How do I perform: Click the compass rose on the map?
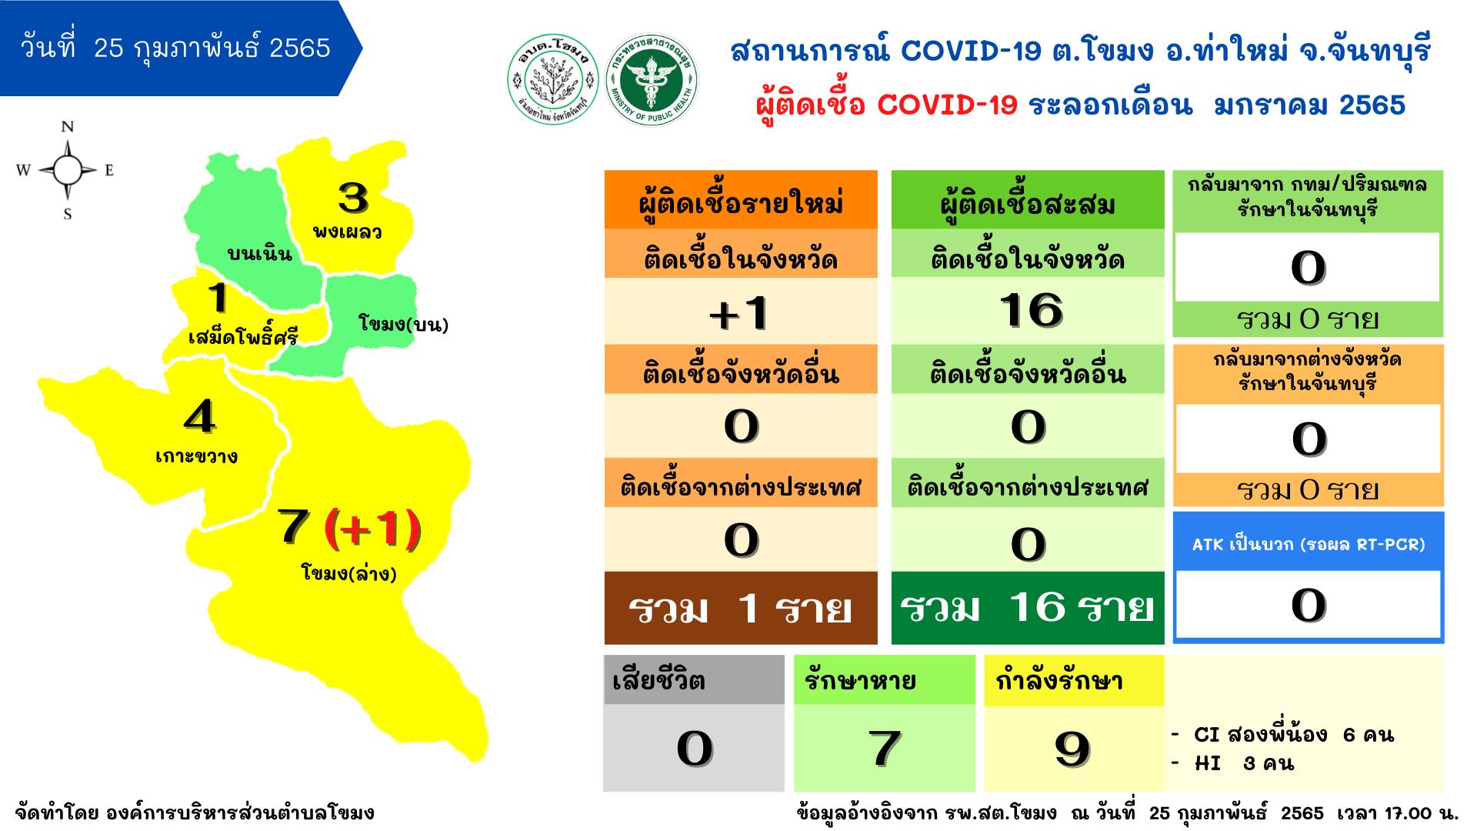click(x=67, y=170)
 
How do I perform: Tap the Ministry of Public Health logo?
click(x=651, y=80)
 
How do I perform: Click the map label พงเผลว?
click(x=348, y=231)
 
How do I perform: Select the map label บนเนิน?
click(x=260, y=253)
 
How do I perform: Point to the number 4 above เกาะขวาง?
click(x=200, y=418)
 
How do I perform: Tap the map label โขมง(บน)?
click(x=403, y=324)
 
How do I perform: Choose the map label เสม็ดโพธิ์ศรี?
click(x=243, y=336)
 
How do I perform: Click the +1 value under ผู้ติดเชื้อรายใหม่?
click(x=739, y=313)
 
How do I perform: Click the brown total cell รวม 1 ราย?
click(x=741, y=608)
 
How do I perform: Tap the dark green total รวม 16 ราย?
click(x=1028, y=608)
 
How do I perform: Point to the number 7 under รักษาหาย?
click(x=884, y=749)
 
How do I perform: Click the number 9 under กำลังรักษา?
click(x=1072, y=749)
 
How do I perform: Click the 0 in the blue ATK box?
click(x=1309, y=605)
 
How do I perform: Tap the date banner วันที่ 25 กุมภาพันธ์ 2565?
click(x=176, y=48)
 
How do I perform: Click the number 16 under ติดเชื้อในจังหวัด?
click(x=1031, y=311)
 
